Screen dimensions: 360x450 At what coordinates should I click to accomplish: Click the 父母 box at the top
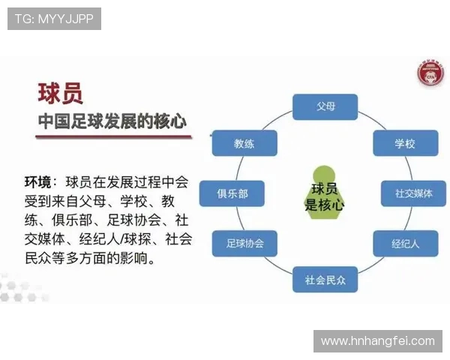[x=324, y=106]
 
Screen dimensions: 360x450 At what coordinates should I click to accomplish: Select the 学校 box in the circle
[x=404, y=143]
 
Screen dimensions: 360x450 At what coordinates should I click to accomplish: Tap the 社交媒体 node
[x=414, y=193]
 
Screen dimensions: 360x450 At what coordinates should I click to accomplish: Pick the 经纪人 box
[x=404, y=243]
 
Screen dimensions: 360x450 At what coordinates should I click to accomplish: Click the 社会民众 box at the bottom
[x=325, y=279]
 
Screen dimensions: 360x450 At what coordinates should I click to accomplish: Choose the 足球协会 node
[x=244, y=243]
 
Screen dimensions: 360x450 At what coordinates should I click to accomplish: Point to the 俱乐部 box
[x=232, y=193]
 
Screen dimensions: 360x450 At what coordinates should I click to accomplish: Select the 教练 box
[x=244, y=142]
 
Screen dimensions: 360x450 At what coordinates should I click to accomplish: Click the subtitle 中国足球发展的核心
[x=112, y=120]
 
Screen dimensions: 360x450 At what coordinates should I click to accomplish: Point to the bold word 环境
[x=38, y=182]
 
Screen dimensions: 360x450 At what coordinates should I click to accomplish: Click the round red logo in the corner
[x=429, y=75]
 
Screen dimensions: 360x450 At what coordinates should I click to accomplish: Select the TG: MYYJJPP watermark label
[x=54, y=19]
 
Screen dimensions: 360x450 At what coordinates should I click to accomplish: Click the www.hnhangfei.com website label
[x=377, y=340]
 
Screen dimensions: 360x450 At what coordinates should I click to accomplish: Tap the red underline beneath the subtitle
[x=112, y=137]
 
